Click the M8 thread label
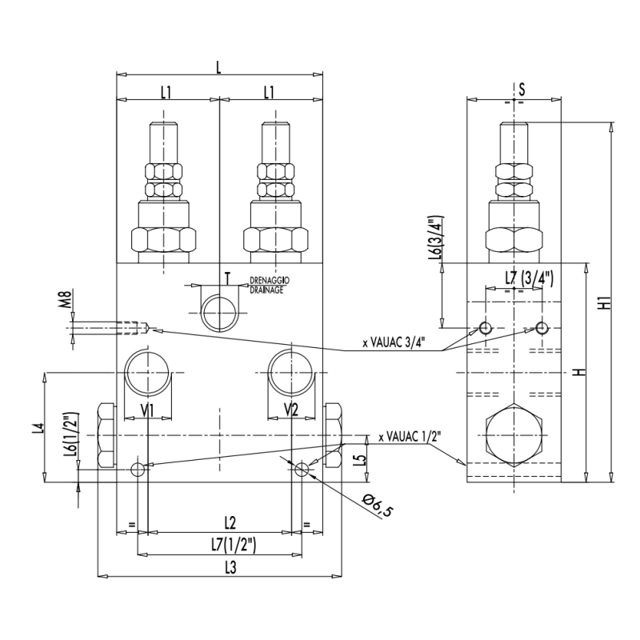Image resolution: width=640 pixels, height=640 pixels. (67, 303)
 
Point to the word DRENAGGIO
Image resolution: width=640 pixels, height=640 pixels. (269, 281)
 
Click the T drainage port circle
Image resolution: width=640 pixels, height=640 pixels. (220, 312)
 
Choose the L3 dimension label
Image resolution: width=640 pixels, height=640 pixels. (228, 567)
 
